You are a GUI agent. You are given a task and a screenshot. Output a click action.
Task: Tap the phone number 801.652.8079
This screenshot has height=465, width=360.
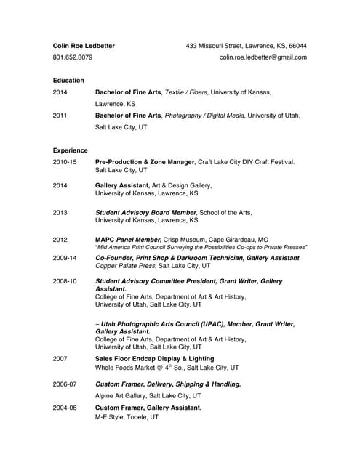pyautogui.click(x=73, y=57)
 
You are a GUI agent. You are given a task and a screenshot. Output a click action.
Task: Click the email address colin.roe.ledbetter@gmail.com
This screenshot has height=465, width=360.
pyautogui.click(x=263, y=57)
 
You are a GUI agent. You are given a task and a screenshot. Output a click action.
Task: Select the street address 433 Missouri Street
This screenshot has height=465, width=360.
pyautogui.click(x=215, y=46)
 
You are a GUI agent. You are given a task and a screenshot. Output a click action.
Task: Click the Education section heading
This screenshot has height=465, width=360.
pyautogui.click(x=68, y=80)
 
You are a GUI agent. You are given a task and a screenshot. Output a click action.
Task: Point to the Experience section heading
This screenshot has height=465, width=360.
pyautogui.click(x=70, y=150)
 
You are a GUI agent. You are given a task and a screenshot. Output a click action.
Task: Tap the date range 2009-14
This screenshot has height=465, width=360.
pyautogui.click(x=64, y=257)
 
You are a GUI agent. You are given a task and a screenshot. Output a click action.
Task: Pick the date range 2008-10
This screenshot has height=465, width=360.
pyautogui.click(x=64, y=280)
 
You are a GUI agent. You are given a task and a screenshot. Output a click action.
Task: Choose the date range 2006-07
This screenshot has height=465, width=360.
pyautogui.click(x=64, y=384)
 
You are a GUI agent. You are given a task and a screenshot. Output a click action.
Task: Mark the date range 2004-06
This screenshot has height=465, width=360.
pyautogui.click(x=64, y=408)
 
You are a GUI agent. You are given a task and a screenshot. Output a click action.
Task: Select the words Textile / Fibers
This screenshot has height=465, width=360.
pyautogui.click(x=193, y=92)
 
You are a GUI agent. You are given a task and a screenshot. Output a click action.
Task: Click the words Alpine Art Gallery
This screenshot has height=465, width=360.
pyautogui.click(x=122, y=396)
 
